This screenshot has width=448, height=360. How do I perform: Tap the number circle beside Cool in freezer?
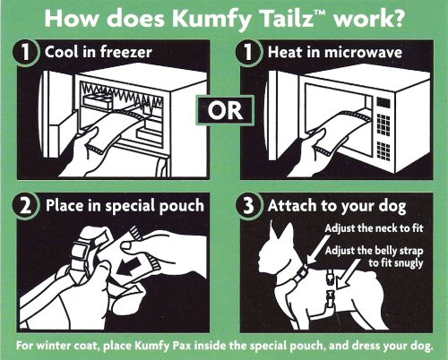[x=22, y=51]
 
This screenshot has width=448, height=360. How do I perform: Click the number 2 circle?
[x=22, y=205]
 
